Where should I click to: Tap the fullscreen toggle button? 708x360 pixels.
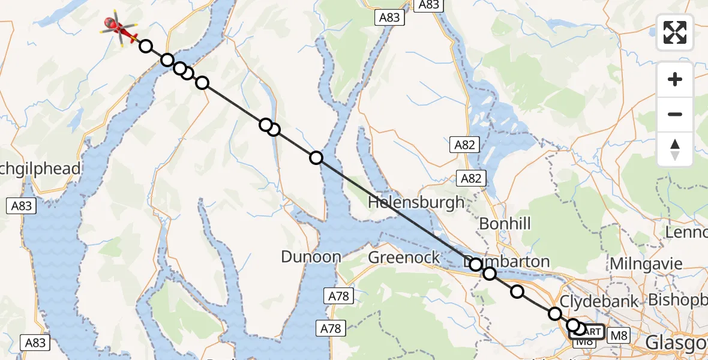(x=675, y=32)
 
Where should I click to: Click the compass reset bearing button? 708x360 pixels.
(x=675, y=149)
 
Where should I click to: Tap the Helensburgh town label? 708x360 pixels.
(x=416, y=202)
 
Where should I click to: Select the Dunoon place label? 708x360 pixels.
(x=311, y=257)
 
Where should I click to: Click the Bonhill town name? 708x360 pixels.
(x=505, y=224)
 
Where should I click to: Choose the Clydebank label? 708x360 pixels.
(x=599, y=301)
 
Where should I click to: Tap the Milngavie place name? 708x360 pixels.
(x=646, y=263)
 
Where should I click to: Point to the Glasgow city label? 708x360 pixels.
(x=676, y=343)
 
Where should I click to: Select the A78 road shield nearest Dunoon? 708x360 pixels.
(x=340, y=295)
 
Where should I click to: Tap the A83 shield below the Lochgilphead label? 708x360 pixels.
(x=22, y=206)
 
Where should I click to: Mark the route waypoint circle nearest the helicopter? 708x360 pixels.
(x=145, y=46)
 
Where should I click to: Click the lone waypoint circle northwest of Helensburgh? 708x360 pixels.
(x=316, y=158)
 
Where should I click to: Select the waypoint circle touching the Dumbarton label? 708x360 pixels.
(x=475, y=265)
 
